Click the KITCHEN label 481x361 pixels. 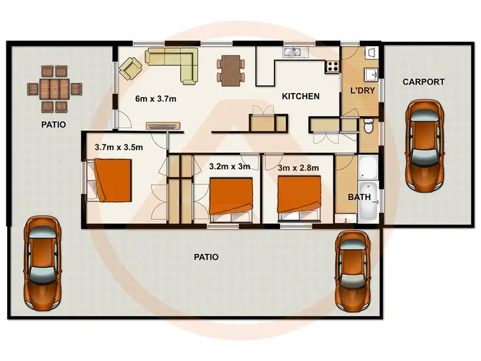(301, 97)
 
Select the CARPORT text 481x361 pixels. (423, 82)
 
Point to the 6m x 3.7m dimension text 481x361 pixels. (156, 99)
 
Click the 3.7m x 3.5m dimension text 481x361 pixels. (119, 147)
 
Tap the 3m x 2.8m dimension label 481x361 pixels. (298, 167)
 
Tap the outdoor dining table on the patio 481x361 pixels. (55, 89)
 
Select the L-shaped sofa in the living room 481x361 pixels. (173, 63)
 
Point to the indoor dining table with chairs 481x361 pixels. (230, 69)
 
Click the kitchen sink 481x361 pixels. (296, 52)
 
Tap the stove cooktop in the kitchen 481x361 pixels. (332, 65)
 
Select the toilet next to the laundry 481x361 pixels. (367, 128)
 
